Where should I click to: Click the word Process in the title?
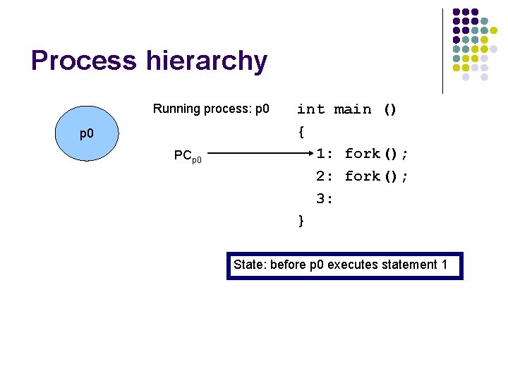point(84,61)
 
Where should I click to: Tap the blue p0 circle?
point(87,133)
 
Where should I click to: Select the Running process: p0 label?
point(211,109)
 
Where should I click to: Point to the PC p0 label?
point(188,156)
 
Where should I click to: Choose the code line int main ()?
point(347,109)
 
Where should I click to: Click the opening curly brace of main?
point(301,131)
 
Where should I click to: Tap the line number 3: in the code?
point(325,199)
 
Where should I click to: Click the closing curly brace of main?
point(301,221)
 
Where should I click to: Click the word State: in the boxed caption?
point(248,265)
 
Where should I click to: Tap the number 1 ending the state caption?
point(445,265)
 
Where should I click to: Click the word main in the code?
point(353,109)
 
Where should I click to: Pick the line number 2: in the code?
point(325,176)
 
